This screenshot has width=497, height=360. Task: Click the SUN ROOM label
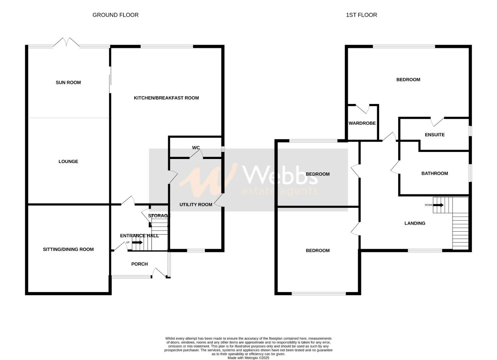pos(68,83)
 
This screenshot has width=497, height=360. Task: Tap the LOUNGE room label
pos(68,162)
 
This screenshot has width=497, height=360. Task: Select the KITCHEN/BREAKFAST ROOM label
pos(166,98)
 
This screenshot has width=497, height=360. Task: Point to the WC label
pos(196,148)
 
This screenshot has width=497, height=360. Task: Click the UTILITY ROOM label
pos(196,205)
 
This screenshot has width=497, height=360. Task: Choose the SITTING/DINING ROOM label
pos(68,249)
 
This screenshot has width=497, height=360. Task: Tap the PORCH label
pos(139,264)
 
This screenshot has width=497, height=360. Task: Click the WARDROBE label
pos(362,123)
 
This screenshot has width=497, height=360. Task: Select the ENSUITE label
pos(435,135)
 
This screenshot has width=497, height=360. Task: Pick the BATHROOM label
pos(435,173)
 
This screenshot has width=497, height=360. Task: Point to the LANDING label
pos(415,223)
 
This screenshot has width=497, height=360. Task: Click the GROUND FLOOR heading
pos(115,15)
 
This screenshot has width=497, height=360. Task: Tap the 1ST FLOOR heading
pos(361,15)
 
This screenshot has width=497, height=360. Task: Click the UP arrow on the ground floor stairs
pos(137,242)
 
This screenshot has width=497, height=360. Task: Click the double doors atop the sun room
pos(67,43)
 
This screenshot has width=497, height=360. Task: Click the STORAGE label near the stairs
pos(159,216)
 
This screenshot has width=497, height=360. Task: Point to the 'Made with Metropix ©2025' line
pos(248,358)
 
